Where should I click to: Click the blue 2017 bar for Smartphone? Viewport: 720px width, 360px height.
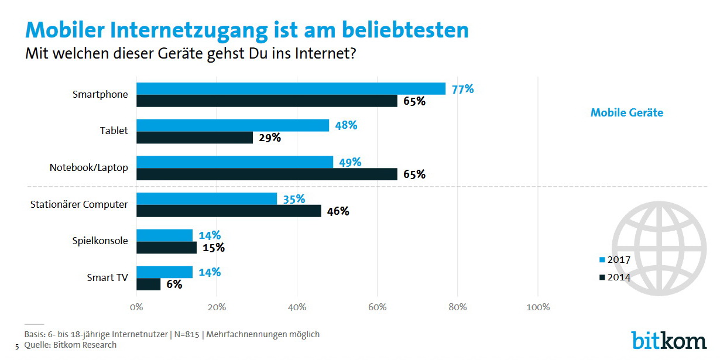pyautogui.click(x=291, y=89)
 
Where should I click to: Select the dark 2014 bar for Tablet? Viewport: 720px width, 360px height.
pyautogui.click(x=194, y=138)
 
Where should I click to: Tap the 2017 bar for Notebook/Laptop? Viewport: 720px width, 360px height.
pyautogui.click(x=235, y=162)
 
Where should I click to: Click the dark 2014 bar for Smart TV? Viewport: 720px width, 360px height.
pyautogui.click(x=148, y=284)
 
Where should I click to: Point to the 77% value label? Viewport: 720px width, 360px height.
pyautogui.click(x=462, y=89)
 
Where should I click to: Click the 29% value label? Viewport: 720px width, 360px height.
pyautogui.click(x=269, y=138)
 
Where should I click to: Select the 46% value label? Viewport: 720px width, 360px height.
pyautogui.click(x=337, y=211)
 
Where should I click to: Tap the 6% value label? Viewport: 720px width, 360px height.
pyautogui.click(x=174, y=284)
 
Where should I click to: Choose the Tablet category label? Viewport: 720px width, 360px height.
pyautogui.click(x=114, y=131)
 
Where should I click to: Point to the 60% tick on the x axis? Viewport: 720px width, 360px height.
pyautogui.click(x=377, y=307)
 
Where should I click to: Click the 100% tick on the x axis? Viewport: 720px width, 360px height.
pyautogui.click(x=538, y=307)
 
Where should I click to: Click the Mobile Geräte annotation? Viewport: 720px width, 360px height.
pyautogui.click(x=627, y=113)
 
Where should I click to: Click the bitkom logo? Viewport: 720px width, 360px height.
pyautogui.click(x=668, y=340)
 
